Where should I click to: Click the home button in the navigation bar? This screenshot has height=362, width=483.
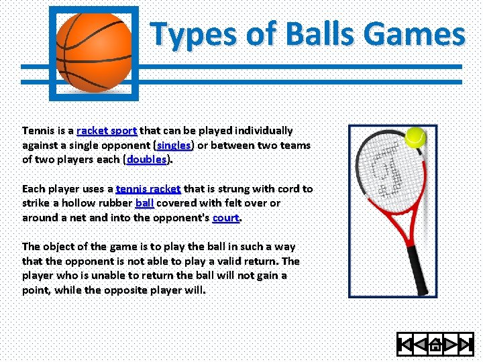[x=435, y=345]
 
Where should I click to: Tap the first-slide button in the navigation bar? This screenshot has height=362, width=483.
[x=405, y=345]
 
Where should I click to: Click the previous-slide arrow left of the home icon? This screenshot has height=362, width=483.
[x=421, y=345]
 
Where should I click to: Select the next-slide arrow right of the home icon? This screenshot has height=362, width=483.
[x=450, y=345]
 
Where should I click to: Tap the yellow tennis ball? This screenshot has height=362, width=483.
[x=415, y=137]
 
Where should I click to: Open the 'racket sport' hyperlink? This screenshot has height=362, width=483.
[x=107, y=130]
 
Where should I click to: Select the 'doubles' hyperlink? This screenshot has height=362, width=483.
[x=147, y=160]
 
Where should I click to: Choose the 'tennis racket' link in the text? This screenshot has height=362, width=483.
[x=148, y=188]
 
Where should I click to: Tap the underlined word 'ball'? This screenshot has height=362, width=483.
[x=144, y=202]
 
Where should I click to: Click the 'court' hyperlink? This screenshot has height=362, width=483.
[x=225, y=217]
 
